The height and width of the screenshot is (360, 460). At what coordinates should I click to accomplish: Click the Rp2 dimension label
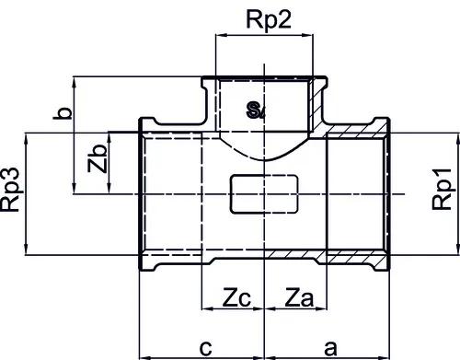click(x=269, y=21)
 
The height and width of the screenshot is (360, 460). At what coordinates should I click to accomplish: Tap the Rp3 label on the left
click(x=11, y=190)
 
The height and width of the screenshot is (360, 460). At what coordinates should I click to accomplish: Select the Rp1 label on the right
click(x=442, y=189)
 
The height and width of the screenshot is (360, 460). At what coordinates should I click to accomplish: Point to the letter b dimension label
click(x=63, y=113)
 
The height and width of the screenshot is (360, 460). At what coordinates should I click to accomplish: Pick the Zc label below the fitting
click(x=236, y=297)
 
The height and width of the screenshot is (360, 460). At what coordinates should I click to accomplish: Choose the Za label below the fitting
click(x=299, y=297)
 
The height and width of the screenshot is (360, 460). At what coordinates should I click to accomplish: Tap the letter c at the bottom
click(x=205, y=348)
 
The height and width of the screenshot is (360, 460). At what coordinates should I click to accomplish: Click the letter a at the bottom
click(x=330, y=348)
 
